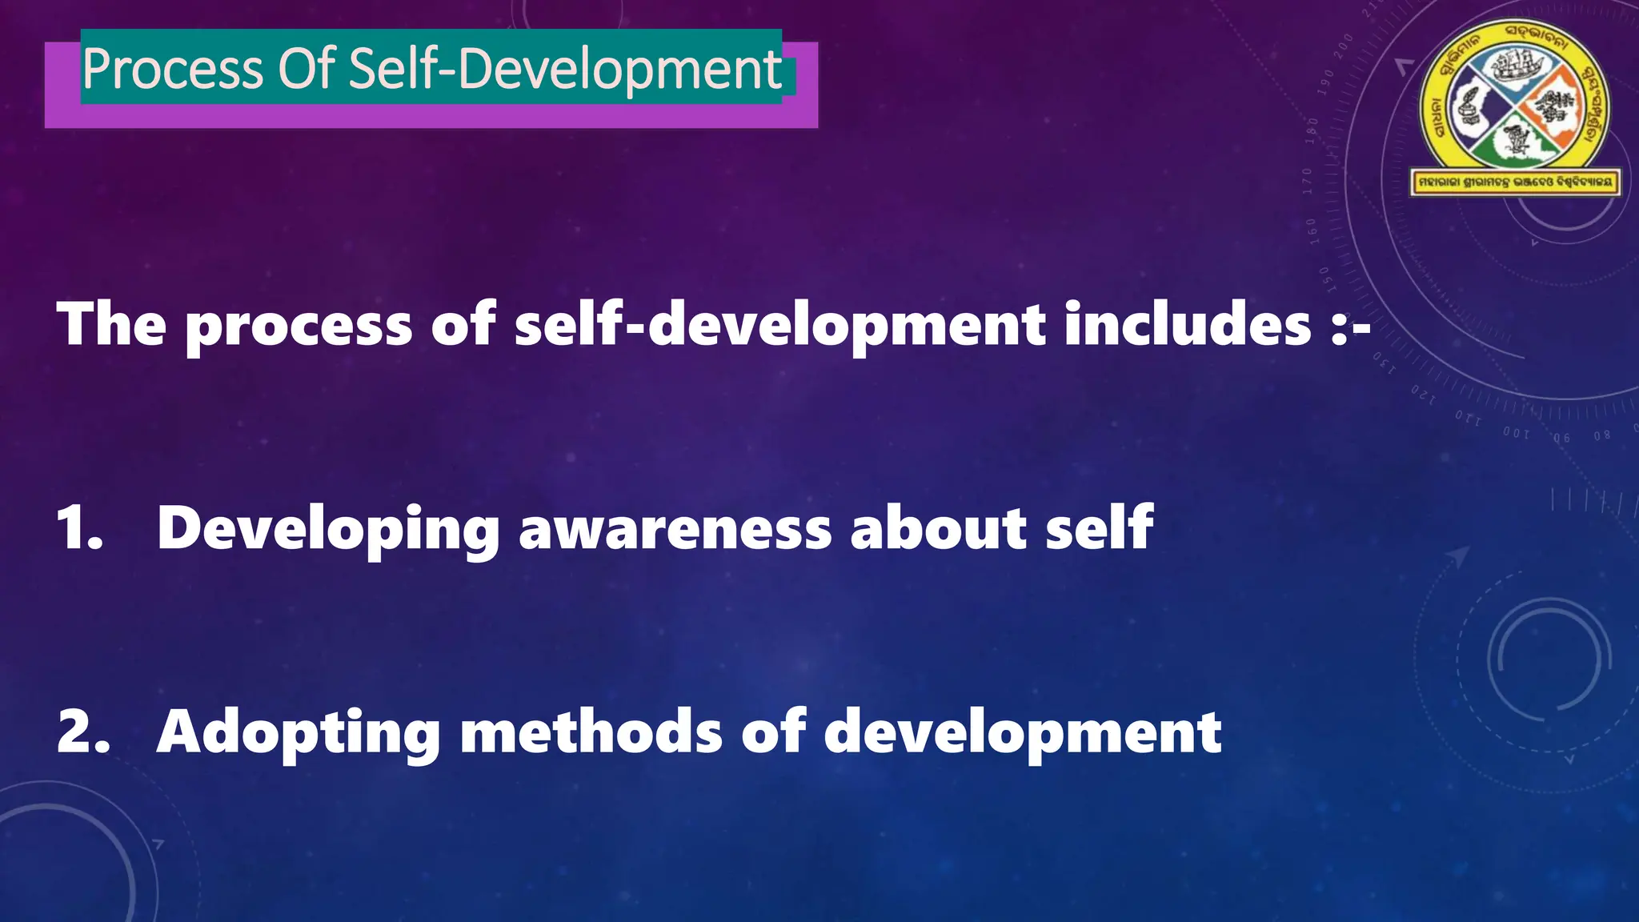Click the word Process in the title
[172, 69]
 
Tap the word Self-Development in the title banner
[565, 69]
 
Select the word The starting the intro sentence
[111, 324]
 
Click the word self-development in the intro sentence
[779, 324]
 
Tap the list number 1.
[79, 528]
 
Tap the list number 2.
[82, 732]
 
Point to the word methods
[591, 732]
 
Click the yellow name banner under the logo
[1515, 182]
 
